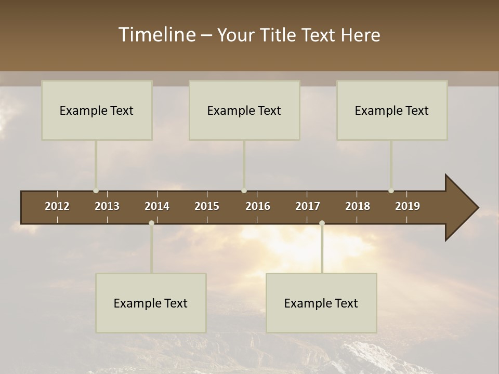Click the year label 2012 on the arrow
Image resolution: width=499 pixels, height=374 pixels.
(x=57, y=206)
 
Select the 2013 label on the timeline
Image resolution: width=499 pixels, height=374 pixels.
(x=107, y=206)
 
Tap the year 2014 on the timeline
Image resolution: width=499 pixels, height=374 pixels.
(x=157, y=206)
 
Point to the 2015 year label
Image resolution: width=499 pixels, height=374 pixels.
(x=207, y=206)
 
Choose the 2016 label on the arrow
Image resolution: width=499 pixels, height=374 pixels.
(x=258, y=206)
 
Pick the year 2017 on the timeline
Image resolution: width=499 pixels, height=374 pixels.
(x=308, y=206)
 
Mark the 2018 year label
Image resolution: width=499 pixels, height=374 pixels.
(x=358, y=206)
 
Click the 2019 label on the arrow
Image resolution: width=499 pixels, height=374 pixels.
(x=408, y=206)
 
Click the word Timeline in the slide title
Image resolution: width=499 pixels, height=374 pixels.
(x=156, y=35)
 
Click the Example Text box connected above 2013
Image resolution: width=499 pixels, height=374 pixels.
(x=97, y=110)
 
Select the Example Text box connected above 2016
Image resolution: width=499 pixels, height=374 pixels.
(x=244, y=110)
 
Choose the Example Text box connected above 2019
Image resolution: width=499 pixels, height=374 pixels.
(x=392, y=110)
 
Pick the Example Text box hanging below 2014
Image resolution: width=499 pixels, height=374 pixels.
(x=151, y=303)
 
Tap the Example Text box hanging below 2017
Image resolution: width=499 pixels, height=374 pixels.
(x=321, y=303)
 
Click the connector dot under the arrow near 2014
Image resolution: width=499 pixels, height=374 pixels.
(x=151, y=223)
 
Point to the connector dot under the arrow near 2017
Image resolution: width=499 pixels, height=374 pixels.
(x=322, y=223)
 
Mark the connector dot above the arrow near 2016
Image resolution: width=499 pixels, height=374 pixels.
(x=244, y=191)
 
